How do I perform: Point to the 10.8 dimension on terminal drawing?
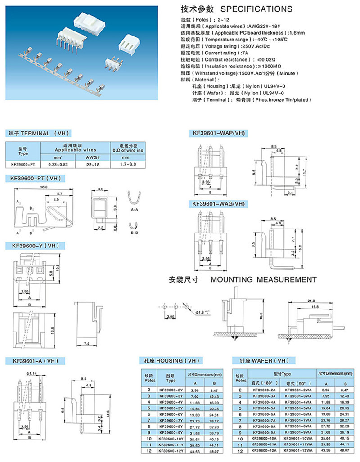44,187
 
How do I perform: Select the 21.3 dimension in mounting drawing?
311,301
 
